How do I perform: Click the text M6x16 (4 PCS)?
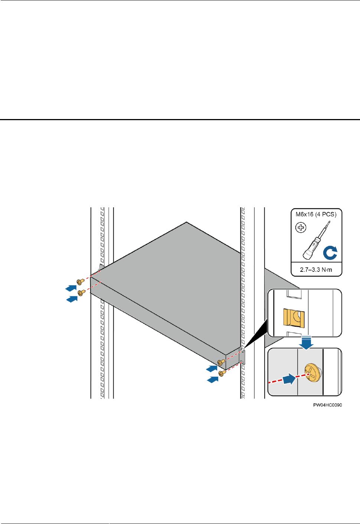coord(316,214)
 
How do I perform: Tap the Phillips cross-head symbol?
coord(301,227)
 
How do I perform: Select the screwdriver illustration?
coord(315,241)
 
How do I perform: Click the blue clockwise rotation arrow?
coord(330,253)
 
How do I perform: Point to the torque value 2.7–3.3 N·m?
coord(316,270)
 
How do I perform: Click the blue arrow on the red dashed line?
coord(289,379)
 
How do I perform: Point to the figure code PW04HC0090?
coord(327,405)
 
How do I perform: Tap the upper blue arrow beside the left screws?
coord(71,288)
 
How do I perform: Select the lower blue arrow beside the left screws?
coord(72,299)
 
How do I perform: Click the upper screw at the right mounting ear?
coord(221,362)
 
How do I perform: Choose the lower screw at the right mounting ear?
coord(222,373)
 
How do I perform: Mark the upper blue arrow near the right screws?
coord(212,369)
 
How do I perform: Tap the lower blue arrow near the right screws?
coord(213,379)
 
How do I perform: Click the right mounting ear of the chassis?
coord(242,357)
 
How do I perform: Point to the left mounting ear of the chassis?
coord(101,268)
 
